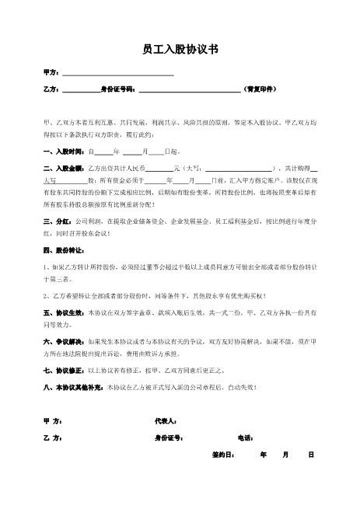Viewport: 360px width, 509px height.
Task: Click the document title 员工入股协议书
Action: tap(180, 49)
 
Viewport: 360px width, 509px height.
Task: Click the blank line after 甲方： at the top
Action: tap(117, 73)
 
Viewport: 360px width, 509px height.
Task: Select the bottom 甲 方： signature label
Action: tap(54, 420)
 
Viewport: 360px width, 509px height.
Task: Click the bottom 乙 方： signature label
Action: tap(54, 438)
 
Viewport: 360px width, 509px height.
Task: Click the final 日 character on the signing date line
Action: tap(310, 454)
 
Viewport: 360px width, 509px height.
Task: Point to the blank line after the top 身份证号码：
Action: tap(189, 89)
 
